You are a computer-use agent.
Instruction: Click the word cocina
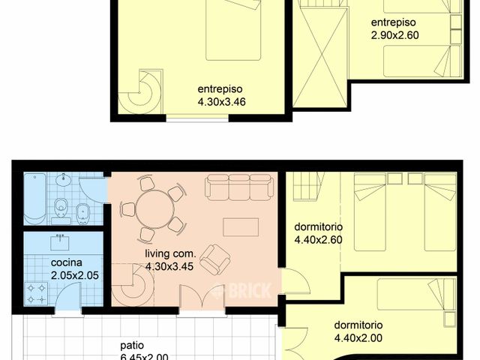coord(66,263)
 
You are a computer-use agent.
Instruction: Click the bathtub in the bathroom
coord(35,199)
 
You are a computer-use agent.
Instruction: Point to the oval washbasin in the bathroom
coord(64,180)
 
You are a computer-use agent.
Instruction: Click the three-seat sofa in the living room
coord(238,187)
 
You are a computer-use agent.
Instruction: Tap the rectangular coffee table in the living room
coord(241,227)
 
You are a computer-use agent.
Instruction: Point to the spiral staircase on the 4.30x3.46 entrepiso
coord(142,89)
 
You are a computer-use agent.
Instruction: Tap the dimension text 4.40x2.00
coord(358,338)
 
